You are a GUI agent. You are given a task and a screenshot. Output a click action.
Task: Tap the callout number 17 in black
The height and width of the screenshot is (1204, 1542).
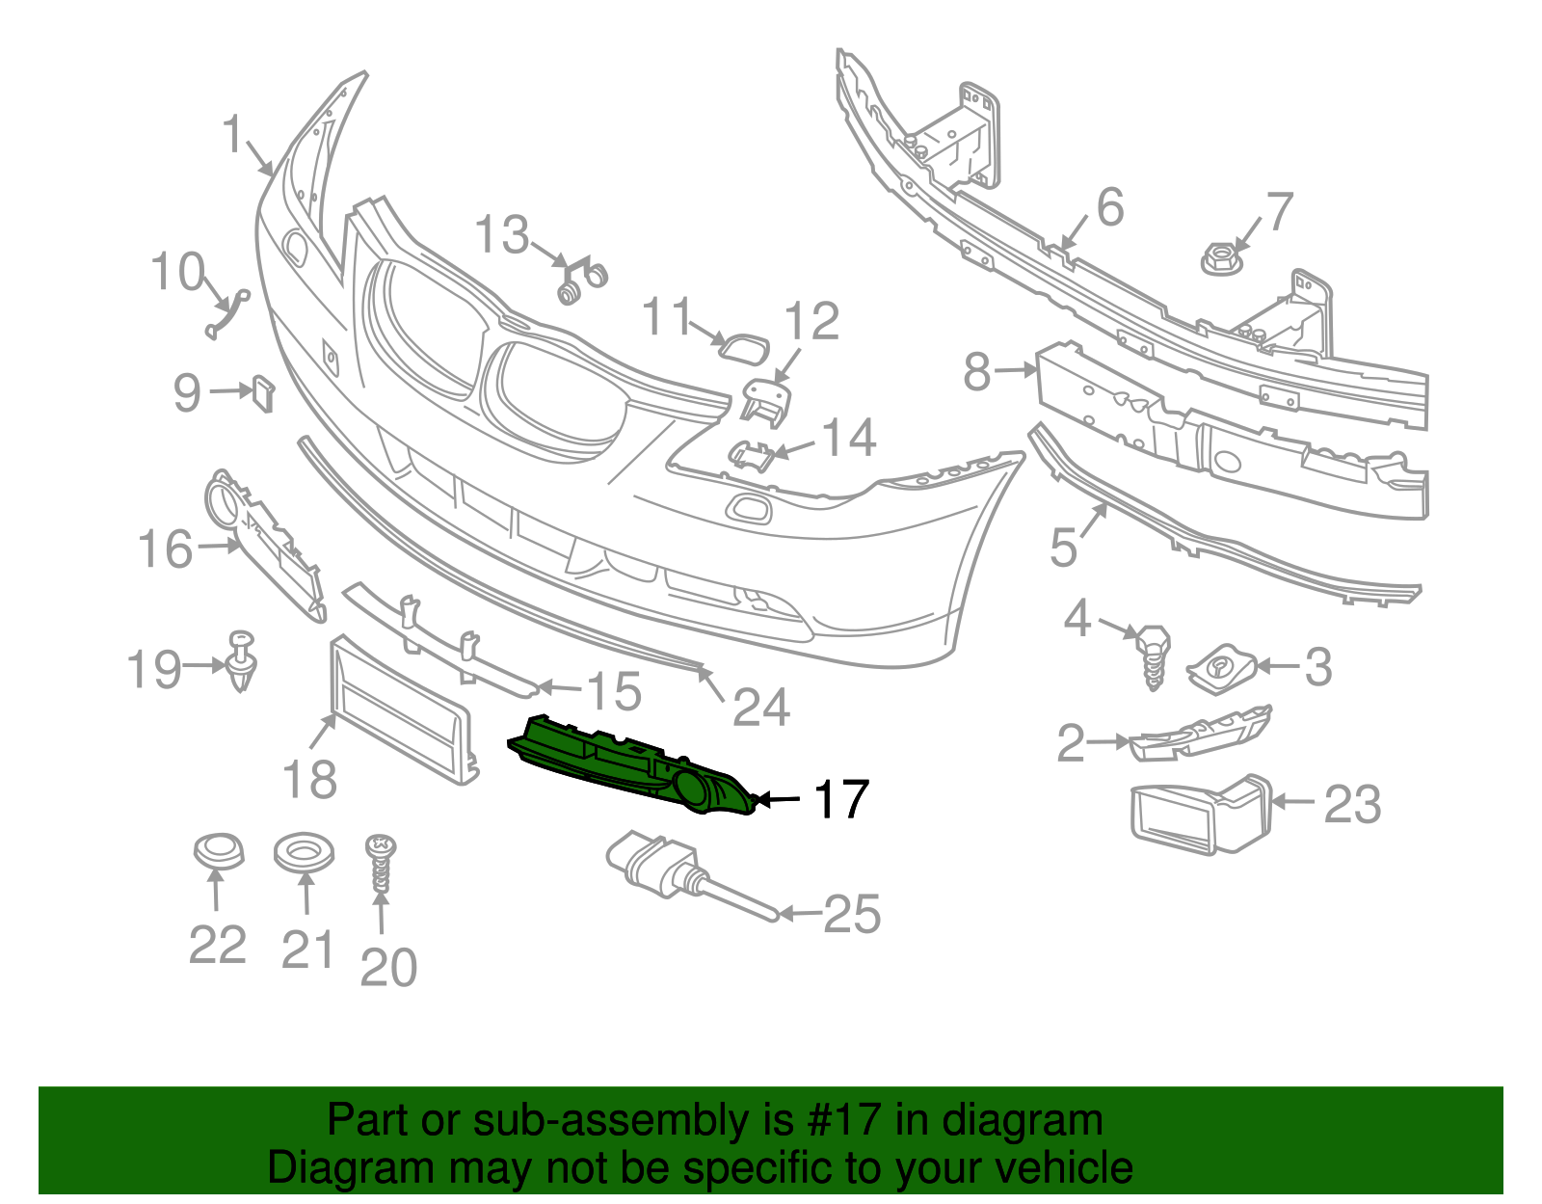click(x=841, y=800)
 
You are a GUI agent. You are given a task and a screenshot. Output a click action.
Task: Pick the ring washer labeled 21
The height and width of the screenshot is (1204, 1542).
click(x=304, y=853)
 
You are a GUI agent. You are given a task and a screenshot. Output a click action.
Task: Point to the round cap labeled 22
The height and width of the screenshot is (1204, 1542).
click(x=219, y=852)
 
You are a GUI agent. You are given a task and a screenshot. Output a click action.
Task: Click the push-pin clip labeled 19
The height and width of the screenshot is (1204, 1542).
click(x=241, y=659)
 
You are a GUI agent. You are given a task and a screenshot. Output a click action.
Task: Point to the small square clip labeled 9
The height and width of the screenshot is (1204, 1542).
click(x=262, y=392)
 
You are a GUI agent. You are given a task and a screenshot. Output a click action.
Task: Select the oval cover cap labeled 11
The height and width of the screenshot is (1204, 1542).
click(x=745, y=345)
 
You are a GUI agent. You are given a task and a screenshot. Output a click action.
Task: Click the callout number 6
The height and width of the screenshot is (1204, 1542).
click(x=1110, y=208)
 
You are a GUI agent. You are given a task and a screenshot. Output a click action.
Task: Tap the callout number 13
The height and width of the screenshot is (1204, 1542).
click(x=502, y=234)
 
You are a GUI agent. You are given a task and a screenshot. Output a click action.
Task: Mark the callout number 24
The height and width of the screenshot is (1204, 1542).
click(x=761, y=709)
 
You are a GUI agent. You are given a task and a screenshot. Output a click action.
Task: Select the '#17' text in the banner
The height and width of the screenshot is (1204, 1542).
click(x=838, y=1120)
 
